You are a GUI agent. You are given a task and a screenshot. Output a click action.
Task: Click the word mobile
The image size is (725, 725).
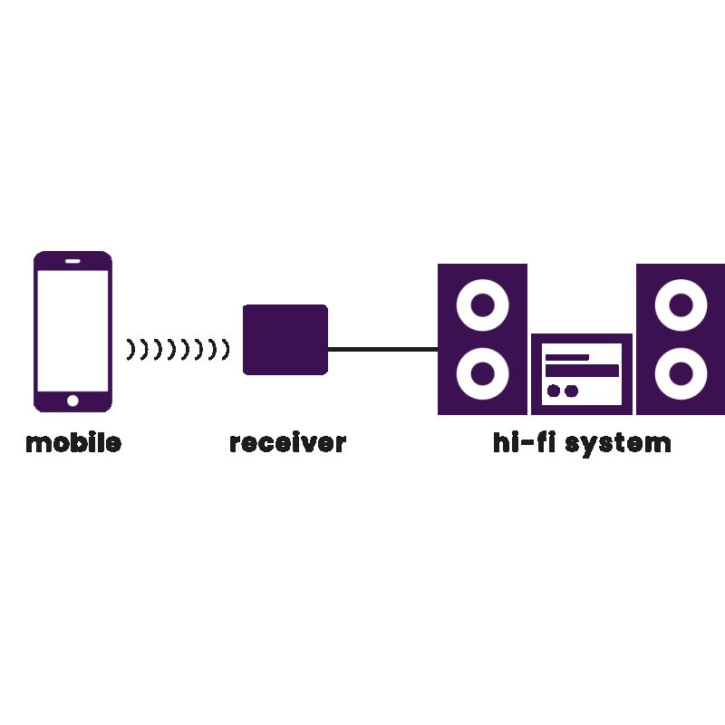[72, 443]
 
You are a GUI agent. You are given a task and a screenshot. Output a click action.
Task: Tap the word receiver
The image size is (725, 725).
[287, 443]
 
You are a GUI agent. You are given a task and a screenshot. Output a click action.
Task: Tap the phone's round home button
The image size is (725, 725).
[72, 400]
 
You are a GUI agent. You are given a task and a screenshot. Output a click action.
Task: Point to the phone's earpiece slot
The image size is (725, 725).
[72, 262]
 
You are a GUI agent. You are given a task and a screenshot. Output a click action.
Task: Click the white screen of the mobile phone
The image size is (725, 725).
[72, 330]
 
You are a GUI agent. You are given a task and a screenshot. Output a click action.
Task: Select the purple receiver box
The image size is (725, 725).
[285, 339]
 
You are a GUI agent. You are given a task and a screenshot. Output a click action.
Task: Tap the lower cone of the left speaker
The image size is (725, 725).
[482, 372]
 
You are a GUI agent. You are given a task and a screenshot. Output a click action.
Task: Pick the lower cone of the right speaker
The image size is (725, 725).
[681, 372]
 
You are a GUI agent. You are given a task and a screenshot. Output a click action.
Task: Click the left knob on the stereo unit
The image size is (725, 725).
[554, 391]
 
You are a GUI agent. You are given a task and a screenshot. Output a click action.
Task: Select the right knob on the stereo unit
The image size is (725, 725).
[571, 391]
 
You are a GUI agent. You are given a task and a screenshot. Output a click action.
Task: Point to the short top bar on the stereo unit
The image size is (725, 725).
[566, 356]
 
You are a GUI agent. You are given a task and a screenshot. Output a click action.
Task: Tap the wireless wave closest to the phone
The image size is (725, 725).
[130, 348]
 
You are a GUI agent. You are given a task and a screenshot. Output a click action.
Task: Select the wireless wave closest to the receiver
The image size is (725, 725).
[226, 348]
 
